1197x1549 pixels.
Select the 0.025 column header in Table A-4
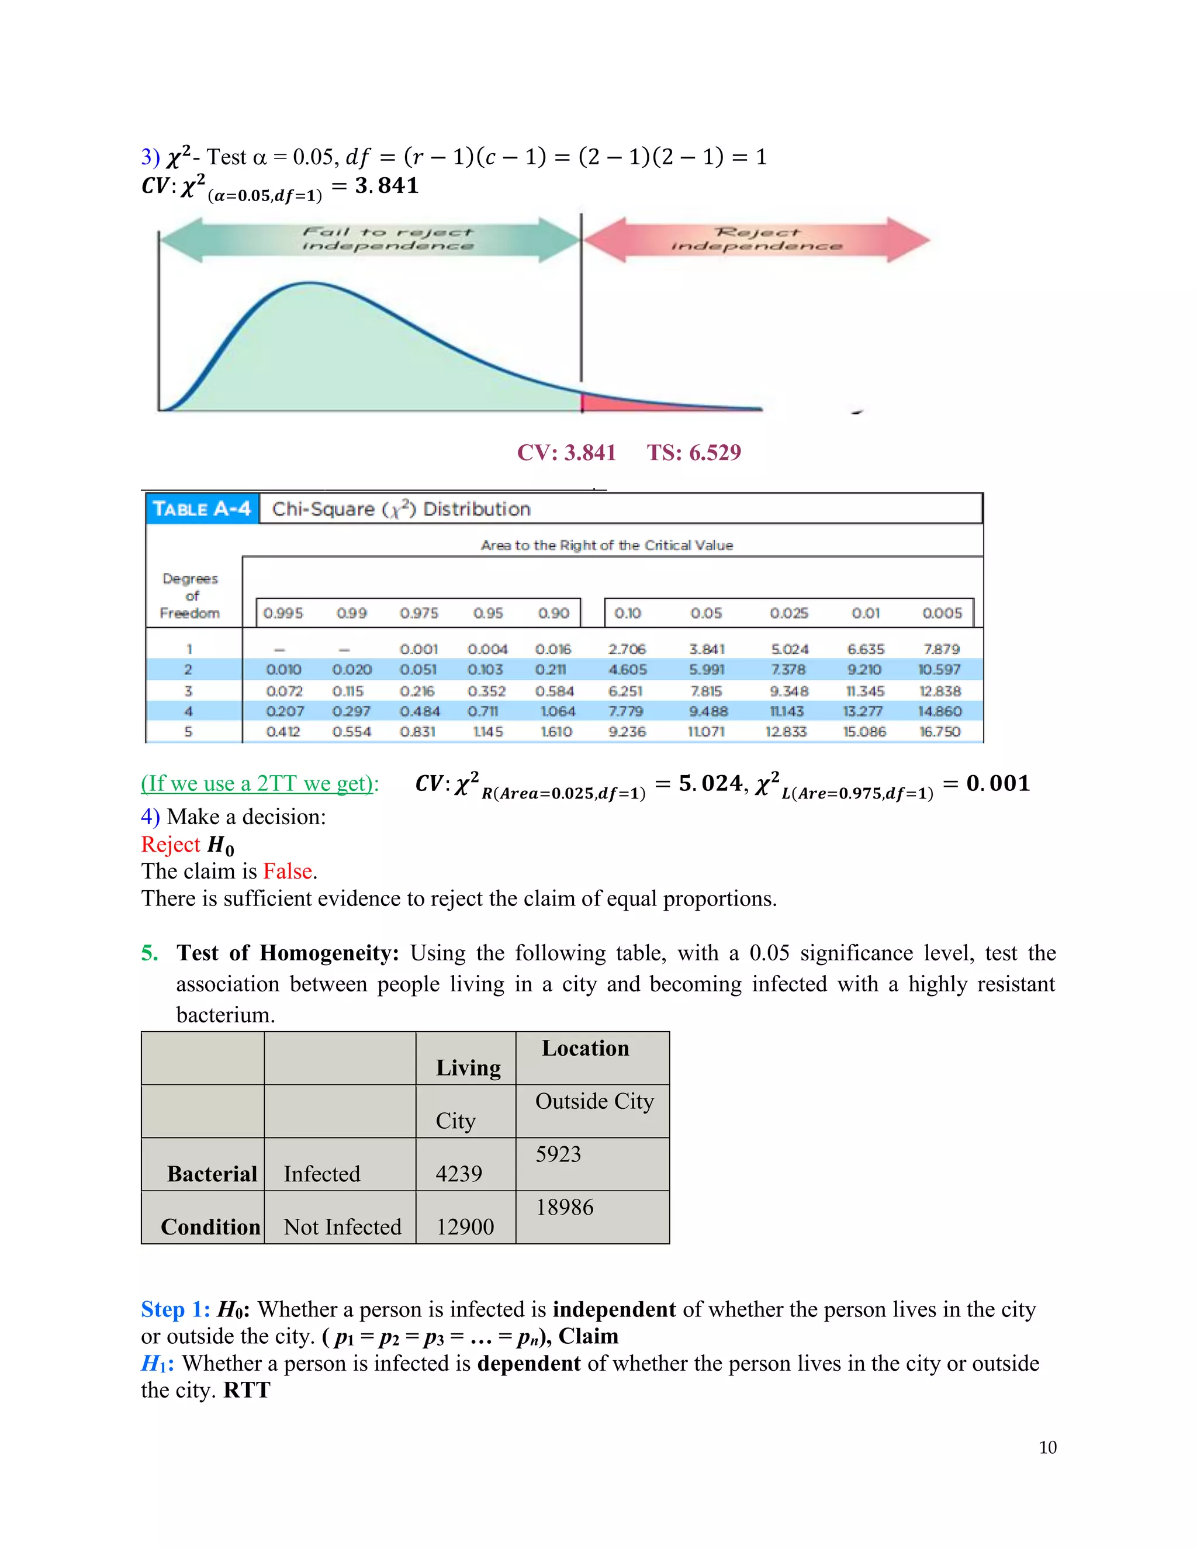coord(788,613)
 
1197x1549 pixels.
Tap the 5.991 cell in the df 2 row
coord(706,669)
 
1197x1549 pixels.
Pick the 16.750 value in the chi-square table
coord(940,731)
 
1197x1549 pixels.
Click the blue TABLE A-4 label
coord(202,509)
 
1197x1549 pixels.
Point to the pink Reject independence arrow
coord(756,240)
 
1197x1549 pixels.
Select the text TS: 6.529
coord(694,452)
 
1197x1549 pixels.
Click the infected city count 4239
coord(459,1174)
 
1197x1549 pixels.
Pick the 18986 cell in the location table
coord(565,1207)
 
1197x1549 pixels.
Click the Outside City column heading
coord(594,1101)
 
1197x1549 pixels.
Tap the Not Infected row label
coord(343,1227)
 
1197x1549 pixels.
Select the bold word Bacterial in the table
coord(212,1174)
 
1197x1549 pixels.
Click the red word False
coord(288,871)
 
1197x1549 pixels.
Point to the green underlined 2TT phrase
coord(260,783)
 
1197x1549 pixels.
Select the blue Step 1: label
coord(175,1309)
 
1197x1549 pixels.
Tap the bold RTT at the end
coord(247,1390)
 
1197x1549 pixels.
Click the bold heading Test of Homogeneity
coord(288,953)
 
